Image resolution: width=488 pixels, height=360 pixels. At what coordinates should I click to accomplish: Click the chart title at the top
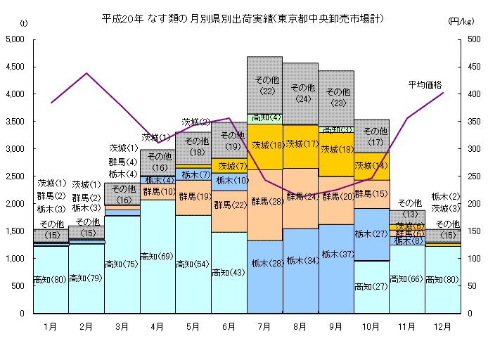pos(243,18)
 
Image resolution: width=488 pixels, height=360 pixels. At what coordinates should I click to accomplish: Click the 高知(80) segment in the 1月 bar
pos(51,280)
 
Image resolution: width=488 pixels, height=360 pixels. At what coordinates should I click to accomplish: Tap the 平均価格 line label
pos(425,85)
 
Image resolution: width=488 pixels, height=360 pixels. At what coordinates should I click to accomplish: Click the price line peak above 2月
pos(86,73)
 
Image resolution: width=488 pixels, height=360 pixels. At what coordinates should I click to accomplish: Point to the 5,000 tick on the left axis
pos(16,39)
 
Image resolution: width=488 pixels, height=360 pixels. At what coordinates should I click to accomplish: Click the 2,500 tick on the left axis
pos(16,176)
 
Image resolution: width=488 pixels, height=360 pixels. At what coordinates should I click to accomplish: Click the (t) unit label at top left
pos(24,23)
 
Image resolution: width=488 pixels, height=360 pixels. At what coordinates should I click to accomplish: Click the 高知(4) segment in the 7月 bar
pos(264,118)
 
